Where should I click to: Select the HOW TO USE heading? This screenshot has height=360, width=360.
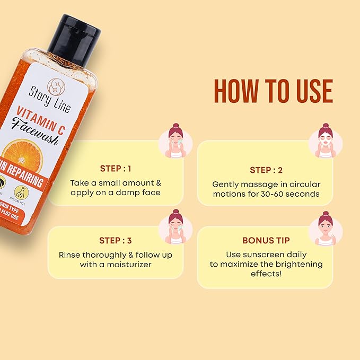[x=273, y=91]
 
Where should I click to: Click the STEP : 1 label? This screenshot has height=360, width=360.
[x=116, y=169]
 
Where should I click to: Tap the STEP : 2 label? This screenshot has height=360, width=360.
[x=266, y=170]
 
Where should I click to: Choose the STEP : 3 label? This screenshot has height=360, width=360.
[x=116, y=241]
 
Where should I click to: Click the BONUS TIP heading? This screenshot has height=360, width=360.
[x=266, y=240]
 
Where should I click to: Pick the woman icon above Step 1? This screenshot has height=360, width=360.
[x=175, y=141]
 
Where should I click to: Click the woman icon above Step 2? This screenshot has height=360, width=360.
[x=326, y=141]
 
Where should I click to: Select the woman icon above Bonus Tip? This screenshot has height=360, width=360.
[x=326, y=227]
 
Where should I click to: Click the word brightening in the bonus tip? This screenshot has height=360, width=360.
[x=297, y=264]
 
